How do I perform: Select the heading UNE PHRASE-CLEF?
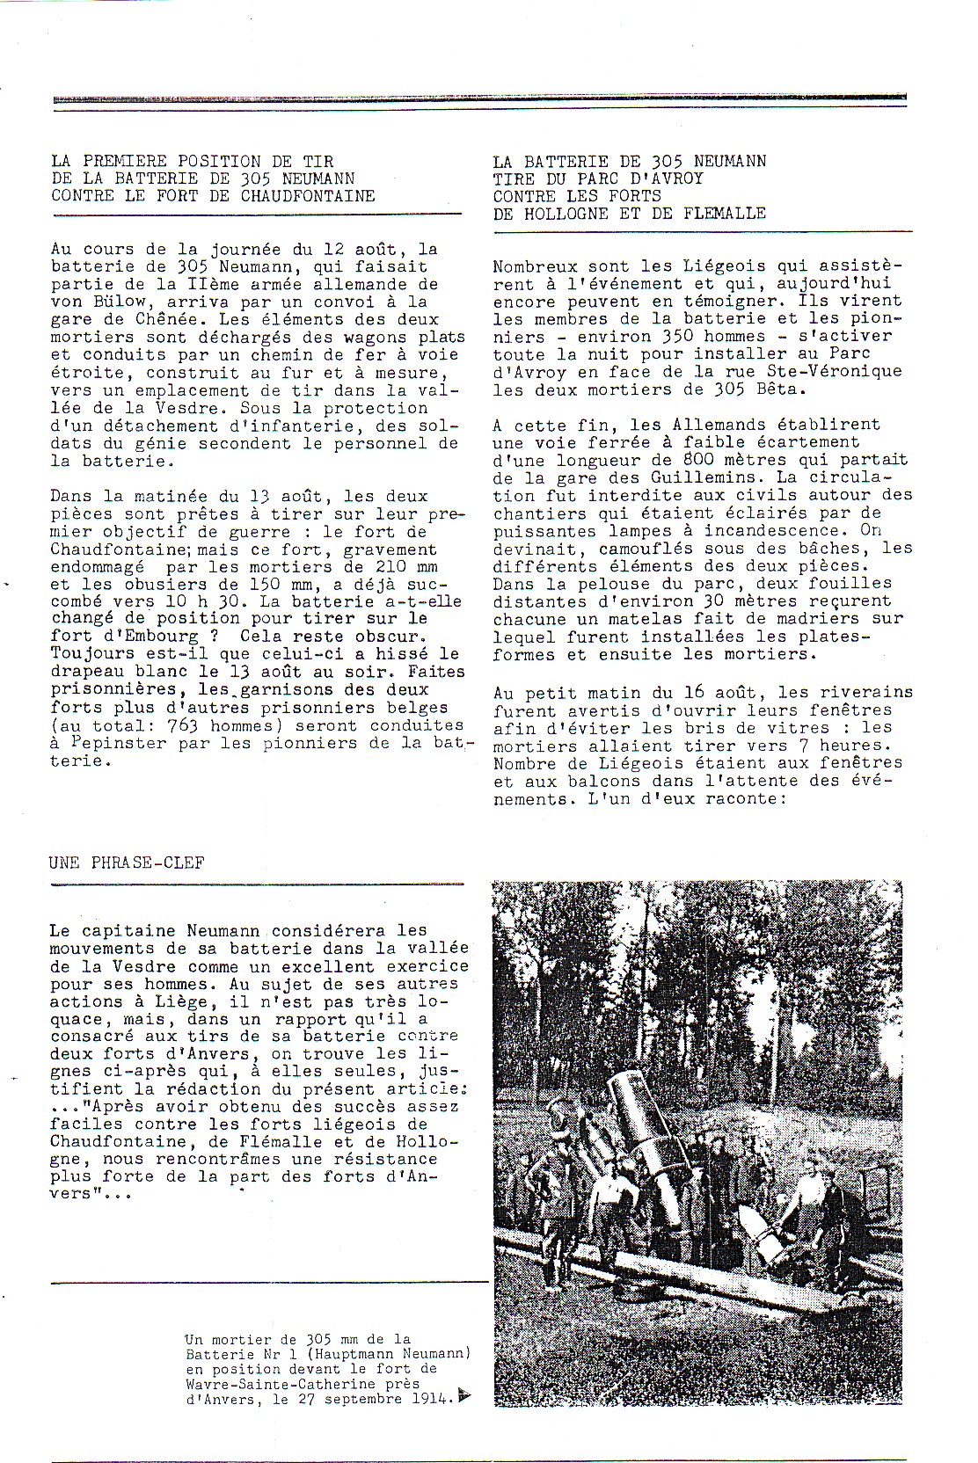128,863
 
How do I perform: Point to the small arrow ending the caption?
464,1396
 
